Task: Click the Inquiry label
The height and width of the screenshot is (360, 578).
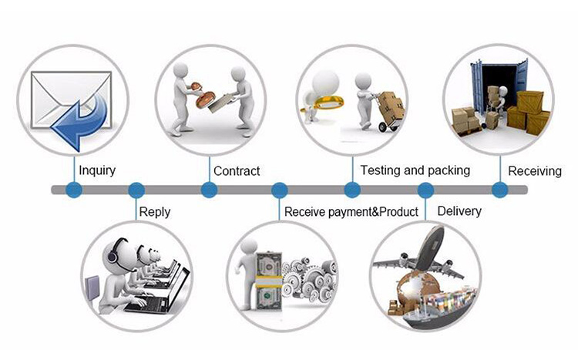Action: tap(97, 170)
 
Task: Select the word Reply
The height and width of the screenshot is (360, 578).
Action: tap(155, 211)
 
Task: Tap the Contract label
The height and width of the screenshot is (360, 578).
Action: tap(237, 170)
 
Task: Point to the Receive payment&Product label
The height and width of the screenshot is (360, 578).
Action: tap(351, 211)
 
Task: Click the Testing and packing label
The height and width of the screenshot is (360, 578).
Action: tap(415, 170)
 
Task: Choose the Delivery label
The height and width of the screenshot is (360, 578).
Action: tap(459, 211)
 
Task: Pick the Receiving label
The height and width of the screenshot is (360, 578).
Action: tap(534, 170)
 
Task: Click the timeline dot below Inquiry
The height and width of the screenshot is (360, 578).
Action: tap(74, 190)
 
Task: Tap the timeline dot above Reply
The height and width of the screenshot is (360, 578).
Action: tap(136, 190)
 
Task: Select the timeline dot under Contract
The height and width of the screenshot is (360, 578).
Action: tap(208, 190)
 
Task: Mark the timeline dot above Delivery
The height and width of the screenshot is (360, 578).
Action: tap(425, 190)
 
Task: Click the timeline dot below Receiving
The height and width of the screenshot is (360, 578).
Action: tap(499, 190)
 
